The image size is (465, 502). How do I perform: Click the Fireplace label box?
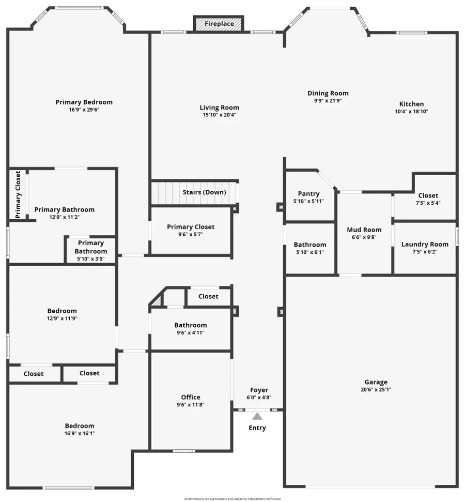click(x=219, y=24)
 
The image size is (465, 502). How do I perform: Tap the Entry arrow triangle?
click(x=257, y=415)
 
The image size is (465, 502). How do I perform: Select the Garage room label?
click(x=376, y=382)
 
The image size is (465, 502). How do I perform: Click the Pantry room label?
click(x=309, y=194)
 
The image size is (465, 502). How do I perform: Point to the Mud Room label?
click(x=364, y=230)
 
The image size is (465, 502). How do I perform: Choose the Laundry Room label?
click(x=425, y=244)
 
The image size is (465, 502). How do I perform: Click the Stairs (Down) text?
click(x=204, y=192)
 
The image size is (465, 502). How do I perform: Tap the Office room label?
click(x=191, y=397)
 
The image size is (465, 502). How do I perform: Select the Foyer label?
click(x=259, y=390)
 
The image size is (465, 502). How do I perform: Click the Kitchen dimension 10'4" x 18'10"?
click(x=412, y=111)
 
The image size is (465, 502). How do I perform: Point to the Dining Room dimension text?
click(x=328, y=101)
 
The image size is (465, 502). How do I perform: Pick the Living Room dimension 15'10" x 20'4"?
click(x=220, y=115)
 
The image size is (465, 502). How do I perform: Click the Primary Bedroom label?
click(x=84, y=102)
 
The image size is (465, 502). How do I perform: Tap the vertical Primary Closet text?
click(x=18, y=194)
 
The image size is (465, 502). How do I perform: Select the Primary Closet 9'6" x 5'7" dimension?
click(x=191, y=234)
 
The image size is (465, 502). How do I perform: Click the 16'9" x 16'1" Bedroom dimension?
click(x=80, y=433)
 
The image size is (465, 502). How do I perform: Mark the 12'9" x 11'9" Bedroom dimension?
click(x=62, y=318)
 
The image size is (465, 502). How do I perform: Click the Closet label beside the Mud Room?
click(x=428, y=195)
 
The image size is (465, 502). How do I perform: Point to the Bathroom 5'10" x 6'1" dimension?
click(x=310, y=252)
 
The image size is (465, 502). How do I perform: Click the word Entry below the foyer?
click(x=257, y=428)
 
